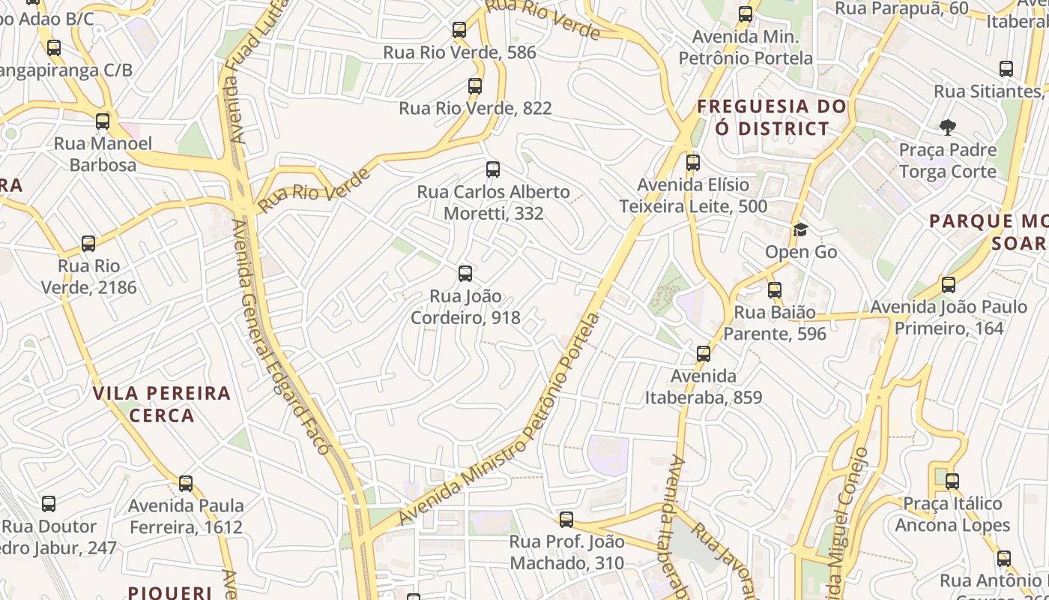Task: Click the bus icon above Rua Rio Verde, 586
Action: pyautogui.click(x=459, y=30)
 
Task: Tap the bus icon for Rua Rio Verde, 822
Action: pyautogui.click(x=475, y=85)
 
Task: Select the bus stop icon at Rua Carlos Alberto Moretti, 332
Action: pyautogui.click(x=492, y=169)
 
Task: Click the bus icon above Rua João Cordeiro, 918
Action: pyautogui.click(x=465, y=273)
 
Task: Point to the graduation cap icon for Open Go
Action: pyautogui.click(x=801, y=229)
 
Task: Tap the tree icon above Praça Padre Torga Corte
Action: pyautogui.click(x=948, y=127)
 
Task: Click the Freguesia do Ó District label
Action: pyautogui.click(x=772, y=118)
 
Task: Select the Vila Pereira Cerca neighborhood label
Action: pyautogui.click(x=162, y=404)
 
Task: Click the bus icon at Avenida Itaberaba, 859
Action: pyautogui.click(x=704, y=353)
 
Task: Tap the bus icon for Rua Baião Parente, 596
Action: pyautogui.click(x=775, y=289)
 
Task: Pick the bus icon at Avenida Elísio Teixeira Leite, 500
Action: pyautogui.click(x=693, y=162)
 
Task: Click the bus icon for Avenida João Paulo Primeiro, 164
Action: pyautogui.click(x=949, y=284)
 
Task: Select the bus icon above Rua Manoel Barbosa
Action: pyautogui.click(x=103, y=121)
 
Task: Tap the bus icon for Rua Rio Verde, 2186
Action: pyautogui.click(x=88, y=243)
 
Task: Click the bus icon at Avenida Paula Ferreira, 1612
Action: pyautogui.click(x=186, y=483)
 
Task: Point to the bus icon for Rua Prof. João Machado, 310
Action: pyautogui.click(x=566, y=519)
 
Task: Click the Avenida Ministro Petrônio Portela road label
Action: pyautogui.click(x=500, y=420)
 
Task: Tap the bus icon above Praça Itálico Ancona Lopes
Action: pyautogui.click(x=952, y=481)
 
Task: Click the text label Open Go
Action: pyautogui.click(x=801, y=252)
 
